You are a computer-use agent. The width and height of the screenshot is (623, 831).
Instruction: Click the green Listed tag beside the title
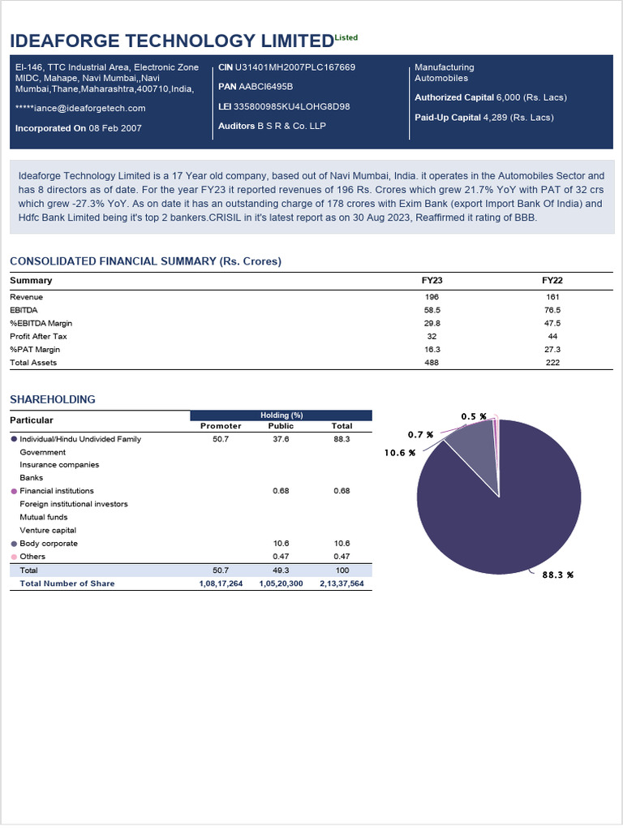pos(346,37)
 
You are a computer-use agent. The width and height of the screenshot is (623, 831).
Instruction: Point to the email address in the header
pos(80,108)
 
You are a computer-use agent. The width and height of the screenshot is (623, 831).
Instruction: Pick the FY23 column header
pos(432,281)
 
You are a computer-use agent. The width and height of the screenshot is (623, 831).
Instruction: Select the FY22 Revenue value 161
pos(552,297)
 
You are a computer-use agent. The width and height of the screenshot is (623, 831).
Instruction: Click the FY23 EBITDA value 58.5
pos(432,310)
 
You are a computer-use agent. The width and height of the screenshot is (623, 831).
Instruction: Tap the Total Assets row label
pos(33,363)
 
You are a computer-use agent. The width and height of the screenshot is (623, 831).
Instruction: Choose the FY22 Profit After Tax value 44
pos(552,336)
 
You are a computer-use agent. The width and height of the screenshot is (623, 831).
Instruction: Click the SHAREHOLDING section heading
pos(52,399)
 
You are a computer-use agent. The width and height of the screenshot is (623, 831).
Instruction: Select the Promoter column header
pos(221,426)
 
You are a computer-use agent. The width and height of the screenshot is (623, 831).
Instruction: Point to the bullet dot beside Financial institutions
pos(14,491)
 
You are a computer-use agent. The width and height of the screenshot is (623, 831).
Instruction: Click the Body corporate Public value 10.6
pos(281,544)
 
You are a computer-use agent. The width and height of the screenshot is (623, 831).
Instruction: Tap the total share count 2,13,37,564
pos(342,583)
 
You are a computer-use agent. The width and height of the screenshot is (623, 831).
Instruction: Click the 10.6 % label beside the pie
pos(400,453)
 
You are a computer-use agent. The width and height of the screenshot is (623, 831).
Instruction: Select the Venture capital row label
pos(48,531)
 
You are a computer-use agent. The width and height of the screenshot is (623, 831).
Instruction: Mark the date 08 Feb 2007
pos(115,128)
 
